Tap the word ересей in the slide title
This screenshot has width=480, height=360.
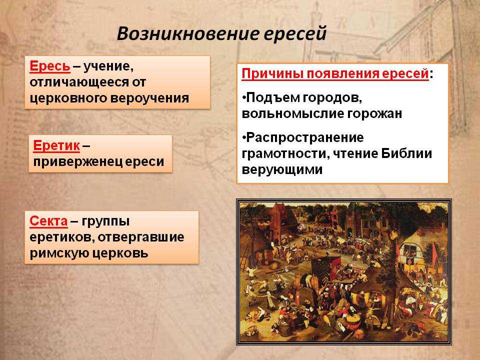pos(295,34)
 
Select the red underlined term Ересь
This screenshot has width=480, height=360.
pos(50,66)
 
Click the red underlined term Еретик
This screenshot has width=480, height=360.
pos(56,145)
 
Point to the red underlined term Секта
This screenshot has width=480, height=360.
pos(48,221)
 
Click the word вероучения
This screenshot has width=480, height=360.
pos(149,98)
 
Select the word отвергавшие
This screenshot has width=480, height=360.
pos(141,237)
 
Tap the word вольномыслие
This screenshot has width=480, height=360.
pos(292,114)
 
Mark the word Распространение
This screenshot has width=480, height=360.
pos(305,138)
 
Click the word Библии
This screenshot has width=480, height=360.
pos(406,153)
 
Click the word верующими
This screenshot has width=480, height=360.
pos(282,170)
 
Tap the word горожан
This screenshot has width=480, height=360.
pos(374,114)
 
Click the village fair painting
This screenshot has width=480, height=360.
pos(344,272)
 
